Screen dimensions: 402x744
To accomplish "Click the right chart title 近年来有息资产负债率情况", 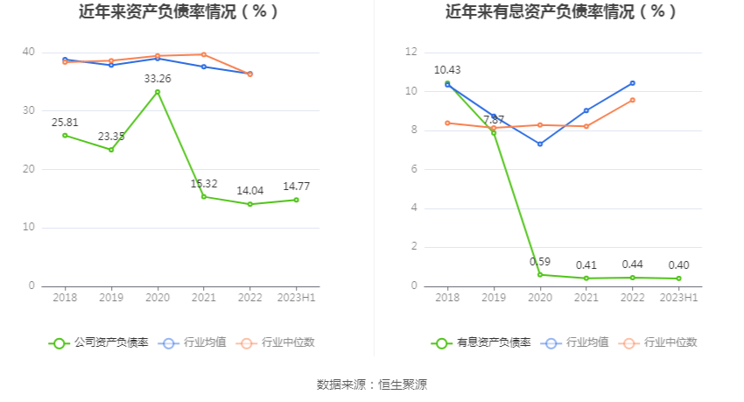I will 561,12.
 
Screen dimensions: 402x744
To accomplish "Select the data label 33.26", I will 158,79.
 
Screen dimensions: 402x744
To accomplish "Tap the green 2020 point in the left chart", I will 158,92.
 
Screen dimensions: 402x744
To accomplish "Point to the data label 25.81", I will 65,122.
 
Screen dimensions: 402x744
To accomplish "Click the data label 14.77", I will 296,187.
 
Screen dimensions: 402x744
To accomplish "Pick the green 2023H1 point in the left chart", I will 296,200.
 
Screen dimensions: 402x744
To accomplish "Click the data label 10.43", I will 447,70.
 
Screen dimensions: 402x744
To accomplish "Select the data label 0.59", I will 540,262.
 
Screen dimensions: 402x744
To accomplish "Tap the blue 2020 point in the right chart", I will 540,144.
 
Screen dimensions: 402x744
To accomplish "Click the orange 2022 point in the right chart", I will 633,100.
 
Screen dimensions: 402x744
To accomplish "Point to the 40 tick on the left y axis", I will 29,53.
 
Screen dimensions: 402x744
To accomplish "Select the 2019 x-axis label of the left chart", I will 111,299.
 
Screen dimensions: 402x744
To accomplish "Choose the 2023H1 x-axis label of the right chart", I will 678,299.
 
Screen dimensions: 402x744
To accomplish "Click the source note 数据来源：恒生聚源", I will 372,384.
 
